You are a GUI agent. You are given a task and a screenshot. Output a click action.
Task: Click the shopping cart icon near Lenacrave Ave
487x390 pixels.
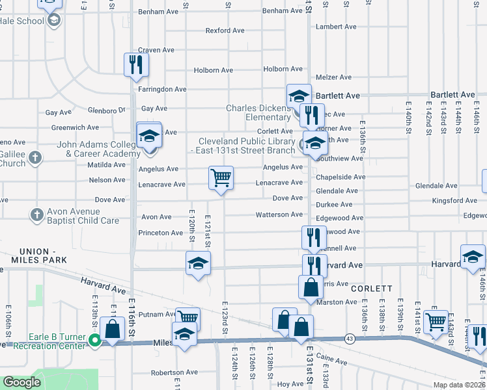click(221, 177)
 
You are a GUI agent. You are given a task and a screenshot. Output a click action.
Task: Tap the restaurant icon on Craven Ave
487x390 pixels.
click(136, 64)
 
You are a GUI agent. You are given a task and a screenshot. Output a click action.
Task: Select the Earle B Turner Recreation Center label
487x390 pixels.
click(57, 341)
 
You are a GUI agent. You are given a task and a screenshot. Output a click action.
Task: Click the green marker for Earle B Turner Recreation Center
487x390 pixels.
click(95, 340)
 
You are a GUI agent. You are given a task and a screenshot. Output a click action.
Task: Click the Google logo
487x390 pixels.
click(21, 382)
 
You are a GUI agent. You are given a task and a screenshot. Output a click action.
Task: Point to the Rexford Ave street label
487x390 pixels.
click(225, 31)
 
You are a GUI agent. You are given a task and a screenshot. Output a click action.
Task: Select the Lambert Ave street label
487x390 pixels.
click(336, 27)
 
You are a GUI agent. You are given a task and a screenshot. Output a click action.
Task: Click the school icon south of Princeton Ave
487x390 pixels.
click(198, 263)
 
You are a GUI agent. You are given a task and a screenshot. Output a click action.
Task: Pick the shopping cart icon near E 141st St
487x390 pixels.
click(435, 320)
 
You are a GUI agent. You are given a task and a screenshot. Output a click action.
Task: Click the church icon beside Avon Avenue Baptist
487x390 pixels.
click(35, 214)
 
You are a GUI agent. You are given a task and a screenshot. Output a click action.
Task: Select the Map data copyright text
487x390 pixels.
click(458, 385)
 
